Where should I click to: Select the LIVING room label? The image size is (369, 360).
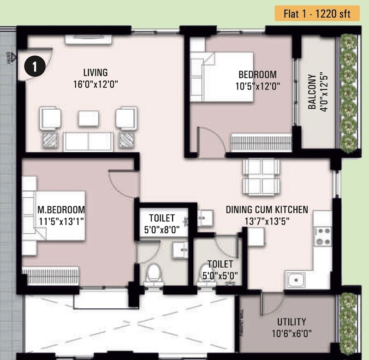[x=95, y=72]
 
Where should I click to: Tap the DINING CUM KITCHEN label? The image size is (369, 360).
[x=267, y=210]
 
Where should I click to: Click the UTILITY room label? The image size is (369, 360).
[x=291, y=322]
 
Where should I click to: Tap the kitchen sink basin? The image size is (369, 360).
[x=295, y=278]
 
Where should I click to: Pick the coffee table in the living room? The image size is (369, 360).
[x=88, y=118]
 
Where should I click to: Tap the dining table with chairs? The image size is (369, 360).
[x=261, y=177]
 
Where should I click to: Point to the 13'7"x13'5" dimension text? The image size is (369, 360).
[x=267, y=220]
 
